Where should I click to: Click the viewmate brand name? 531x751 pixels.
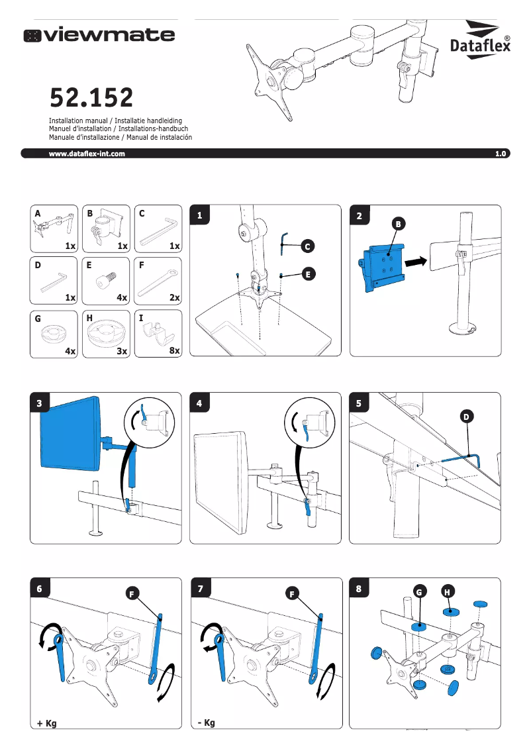tap(99, 34)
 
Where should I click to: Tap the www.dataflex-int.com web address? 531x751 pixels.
tap(87, 154)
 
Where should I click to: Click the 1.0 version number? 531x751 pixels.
tap(500, 154)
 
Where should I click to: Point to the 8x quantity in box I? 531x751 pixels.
tap(174, 350)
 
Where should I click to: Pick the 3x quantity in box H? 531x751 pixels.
tap(122, 352)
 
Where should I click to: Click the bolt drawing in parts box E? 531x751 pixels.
tap(107, 281)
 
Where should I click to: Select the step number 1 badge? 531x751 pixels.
tap(200, 215)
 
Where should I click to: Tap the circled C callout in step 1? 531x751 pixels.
tap(307, 246)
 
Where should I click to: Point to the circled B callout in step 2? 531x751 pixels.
tap(398, 225)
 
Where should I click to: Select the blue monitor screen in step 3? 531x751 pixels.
tap(70, 432)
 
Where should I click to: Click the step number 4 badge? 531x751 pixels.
tap(200, 403)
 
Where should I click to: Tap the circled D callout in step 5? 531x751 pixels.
tap(466, 416)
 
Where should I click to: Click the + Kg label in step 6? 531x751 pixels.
tap(46, 723)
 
